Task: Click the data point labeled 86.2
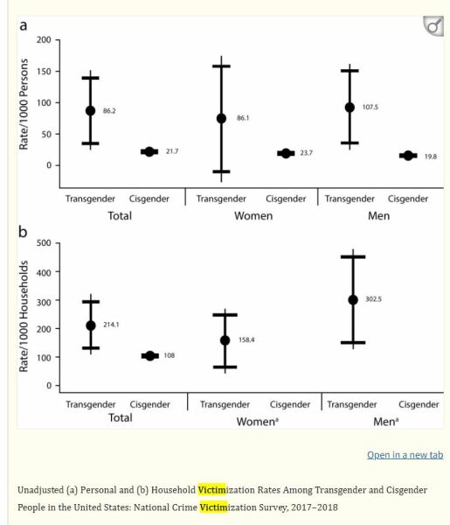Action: (91, 111)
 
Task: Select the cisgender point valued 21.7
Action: (149, 151)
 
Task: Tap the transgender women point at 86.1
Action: (221, 118)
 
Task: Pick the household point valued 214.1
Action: (91, 325)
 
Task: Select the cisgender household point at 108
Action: (149, 356)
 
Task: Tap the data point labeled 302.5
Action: (353, 299)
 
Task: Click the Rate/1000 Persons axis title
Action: (24, 103)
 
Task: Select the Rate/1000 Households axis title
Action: (24, 311)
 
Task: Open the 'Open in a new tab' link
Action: (405, 455)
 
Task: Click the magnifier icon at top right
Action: (433, 28)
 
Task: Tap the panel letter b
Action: (23, 232)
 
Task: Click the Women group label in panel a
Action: (253, 215)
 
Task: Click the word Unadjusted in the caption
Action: (45, 489)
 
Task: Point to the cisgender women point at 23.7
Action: (286, 153)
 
